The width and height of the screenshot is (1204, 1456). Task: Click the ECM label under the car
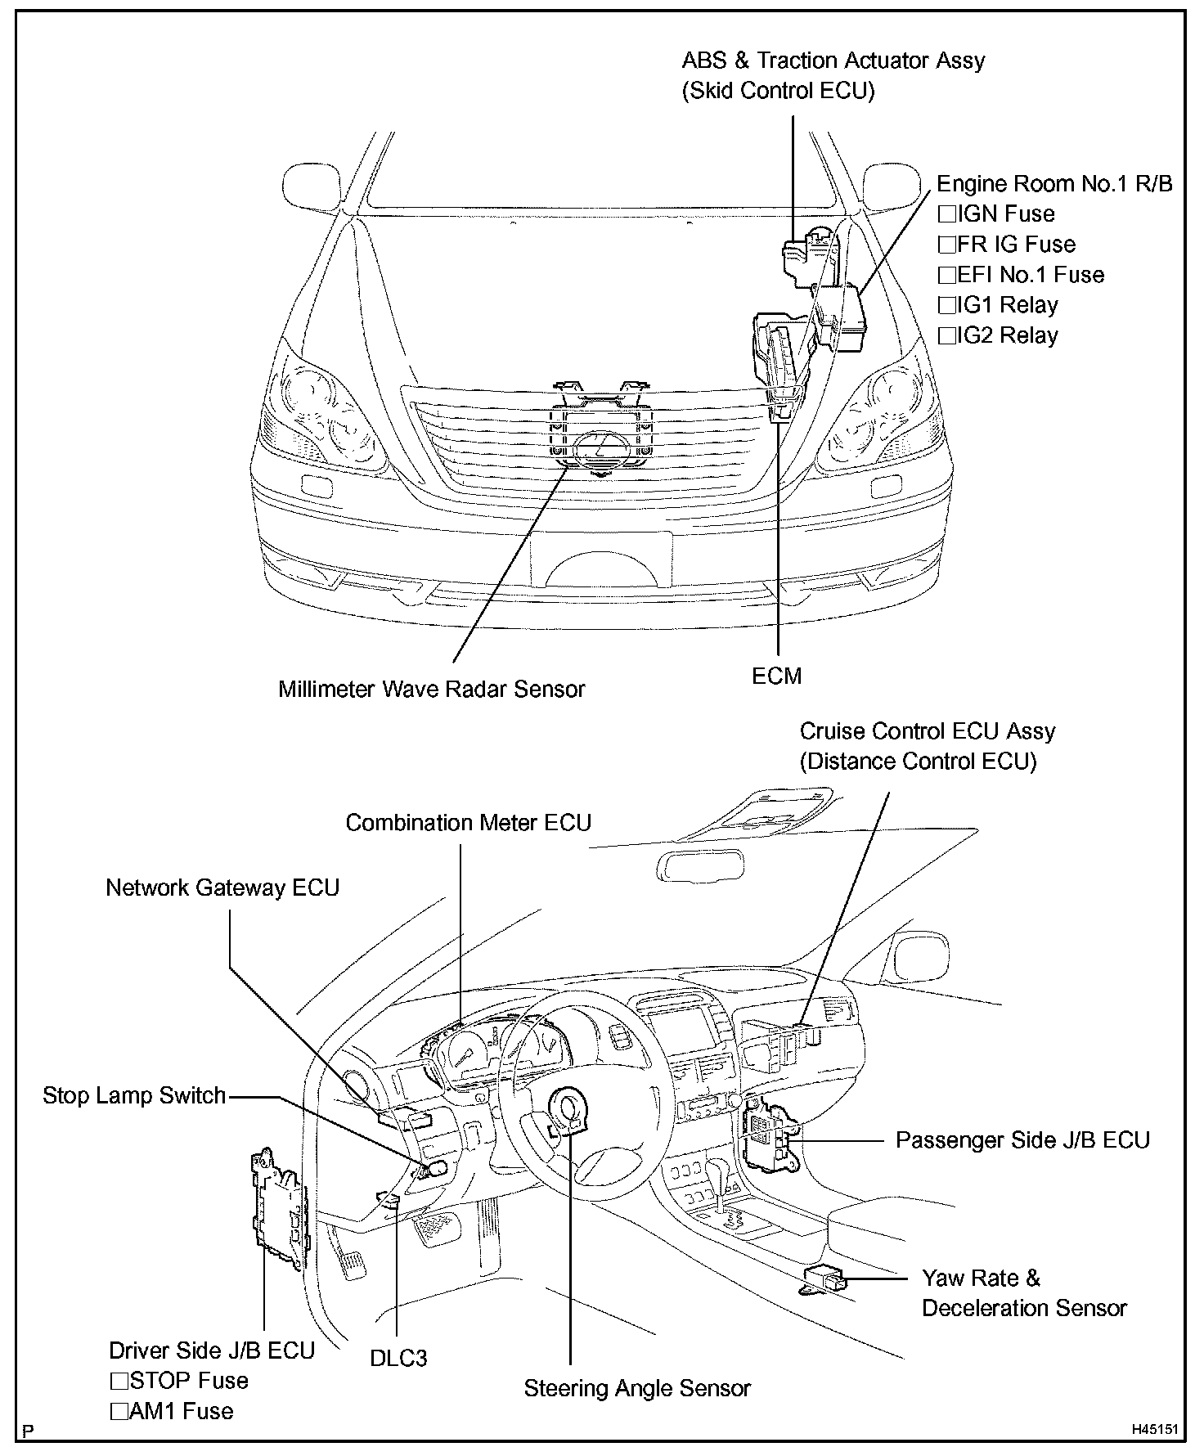[x=776, y=676]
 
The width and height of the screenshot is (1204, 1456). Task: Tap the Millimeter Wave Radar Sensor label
[x=431, y=690]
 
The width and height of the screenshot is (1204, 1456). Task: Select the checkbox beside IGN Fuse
[x=947, y=214]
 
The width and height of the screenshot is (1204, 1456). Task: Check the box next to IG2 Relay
[x=947, y=335]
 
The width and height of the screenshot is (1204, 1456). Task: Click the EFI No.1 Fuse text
[x=1031, y=275]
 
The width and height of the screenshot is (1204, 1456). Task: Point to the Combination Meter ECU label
[x=468, y=823]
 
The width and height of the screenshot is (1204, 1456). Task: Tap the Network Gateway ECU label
[x=222, y=888]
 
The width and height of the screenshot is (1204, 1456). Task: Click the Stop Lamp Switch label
[x=134, y=1096]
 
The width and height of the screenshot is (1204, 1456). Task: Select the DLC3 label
[x=398, y=1359]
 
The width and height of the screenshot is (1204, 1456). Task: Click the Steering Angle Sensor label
[x=637, y=1389]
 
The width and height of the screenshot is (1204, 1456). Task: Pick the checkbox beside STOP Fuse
[x=119, y=1382]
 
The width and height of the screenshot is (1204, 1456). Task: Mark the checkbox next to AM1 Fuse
[x=119, y=1412]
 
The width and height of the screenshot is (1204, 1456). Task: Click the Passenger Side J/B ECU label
[x=1022, y=1141]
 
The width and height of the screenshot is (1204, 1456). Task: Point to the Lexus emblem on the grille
[x=602, y=450]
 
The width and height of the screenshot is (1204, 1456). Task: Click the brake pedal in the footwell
[x=435, y=1227]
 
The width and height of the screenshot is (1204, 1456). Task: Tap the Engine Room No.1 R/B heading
[x=1053, y=184]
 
